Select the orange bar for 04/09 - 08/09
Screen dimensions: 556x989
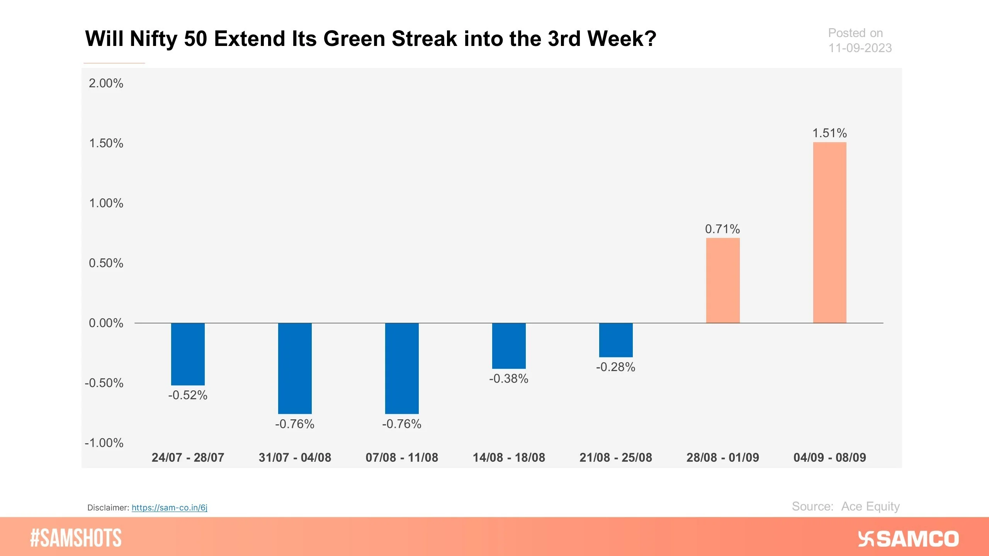829,232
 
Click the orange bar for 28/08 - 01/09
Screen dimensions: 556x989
723,280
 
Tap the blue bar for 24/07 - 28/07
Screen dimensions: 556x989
188,354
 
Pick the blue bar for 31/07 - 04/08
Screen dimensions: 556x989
295,368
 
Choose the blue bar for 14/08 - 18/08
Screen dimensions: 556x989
509,346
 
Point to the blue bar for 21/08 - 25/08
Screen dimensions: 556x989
616,340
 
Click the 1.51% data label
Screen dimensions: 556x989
829,133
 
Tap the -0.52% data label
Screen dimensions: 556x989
188,395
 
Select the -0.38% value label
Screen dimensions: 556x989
508,378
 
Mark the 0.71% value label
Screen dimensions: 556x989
722,229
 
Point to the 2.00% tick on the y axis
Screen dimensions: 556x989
106,83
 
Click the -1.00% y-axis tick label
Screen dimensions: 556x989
104,442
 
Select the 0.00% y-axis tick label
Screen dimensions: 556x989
106,323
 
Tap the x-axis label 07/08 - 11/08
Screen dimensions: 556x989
402,458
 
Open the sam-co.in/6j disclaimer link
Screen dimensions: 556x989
169,507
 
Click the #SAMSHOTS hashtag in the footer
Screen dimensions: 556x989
76,538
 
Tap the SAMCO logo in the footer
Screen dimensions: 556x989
908,539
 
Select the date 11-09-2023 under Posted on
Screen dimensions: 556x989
860,48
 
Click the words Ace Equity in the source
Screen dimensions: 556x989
870,506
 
